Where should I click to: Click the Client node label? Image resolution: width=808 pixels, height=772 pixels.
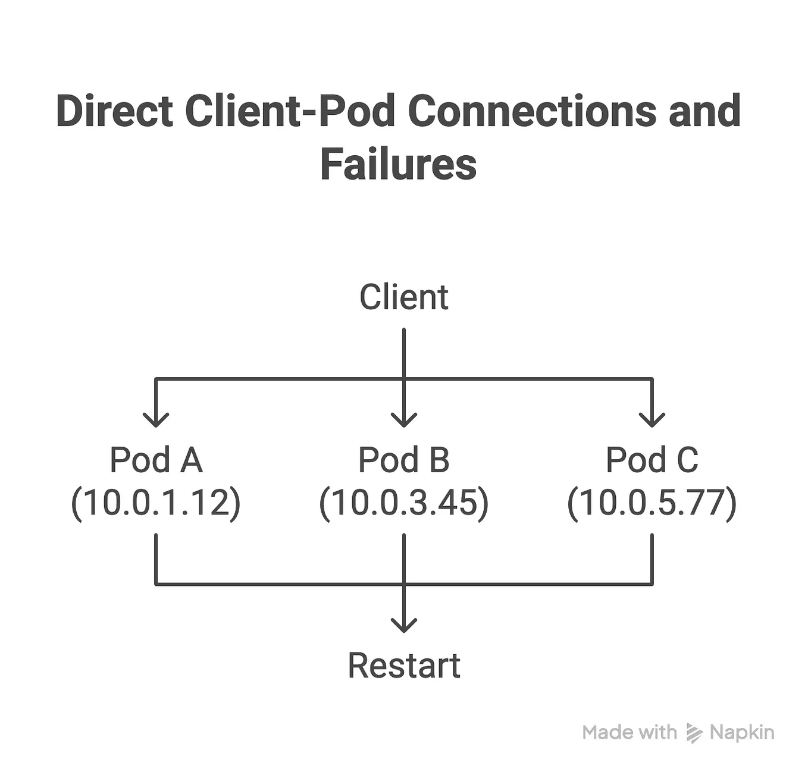[403, 297]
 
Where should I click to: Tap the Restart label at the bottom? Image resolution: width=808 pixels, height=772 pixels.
[403, 666]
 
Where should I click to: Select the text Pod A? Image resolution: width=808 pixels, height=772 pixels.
[156, 460]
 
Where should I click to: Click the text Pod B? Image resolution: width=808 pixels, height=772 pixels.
[403, 460]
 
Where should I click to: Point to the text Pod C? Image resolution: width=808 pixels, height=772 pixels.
[652, 460]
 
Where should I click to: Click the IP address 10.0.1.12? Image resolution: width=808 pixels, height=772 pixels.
[156, 503]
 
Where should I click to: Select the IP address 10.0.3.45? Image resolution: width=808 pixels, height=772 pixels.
[403, 503]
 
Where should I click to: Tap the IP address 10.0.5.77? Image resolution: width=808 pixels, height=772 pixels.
[652, 503]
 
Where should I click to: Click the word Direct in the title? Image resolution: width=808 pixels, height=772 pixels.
[114, 111]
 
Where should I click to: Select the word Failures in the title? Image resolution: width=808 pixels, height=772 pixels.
[398, 164]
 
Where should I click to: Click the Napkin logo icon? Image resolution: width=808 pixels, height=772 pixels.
[694, 733]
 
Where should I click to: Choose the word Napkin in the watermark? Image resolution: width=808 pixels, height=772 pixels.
[741, 733]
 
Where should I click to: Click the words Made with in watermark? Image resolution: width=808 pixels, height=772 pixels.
[629, 733]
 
